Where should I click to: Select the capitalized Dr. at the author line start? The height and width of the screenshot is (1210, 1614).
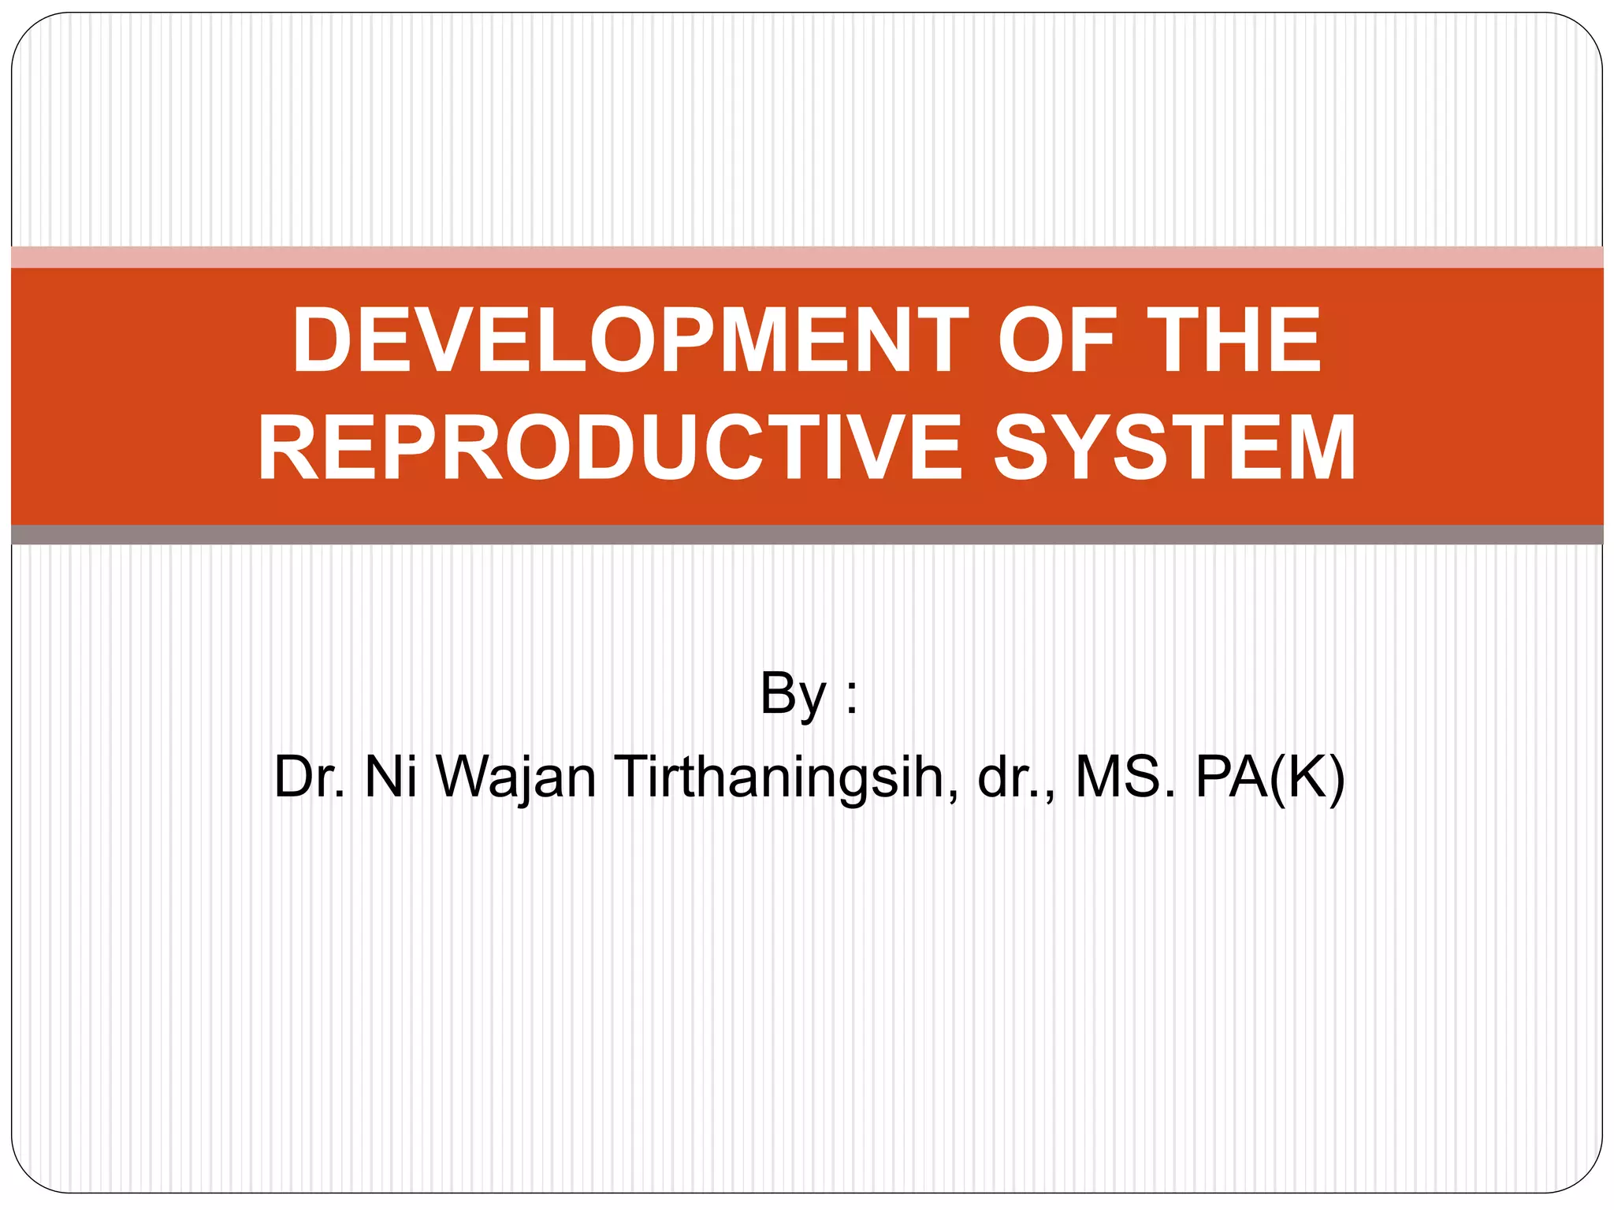click(309, 777)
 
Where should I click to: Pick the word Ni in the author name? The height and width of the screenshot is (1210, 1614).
click(390, 777)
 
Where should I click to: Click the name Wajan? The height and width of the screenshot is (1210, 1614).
click(516, 778)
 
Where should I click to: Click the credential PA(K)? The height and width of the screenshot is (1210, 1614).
click(1270, 778)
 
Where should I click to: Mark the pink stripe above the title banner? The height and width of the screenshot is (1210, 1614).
click(807, 258)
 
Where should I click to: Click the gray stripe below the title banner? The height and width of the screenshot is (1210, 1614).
click(807, 535)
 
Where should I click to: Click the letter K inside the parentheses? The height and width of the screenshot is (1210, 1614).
click(1300, 777)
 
